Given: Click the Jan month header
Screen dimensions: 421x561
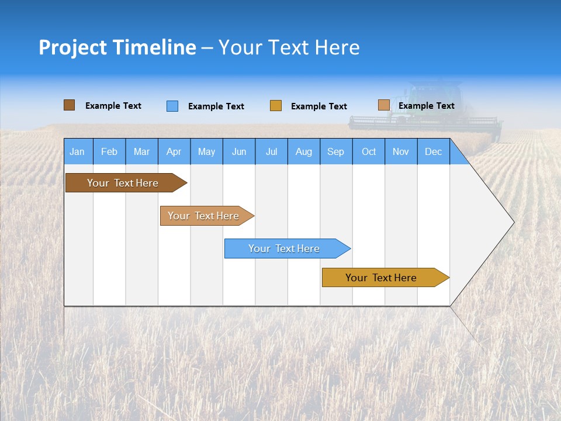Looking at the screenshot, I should click(x=77, y=152).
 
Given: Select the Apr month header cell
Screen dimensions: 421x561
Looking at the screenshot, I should click(x=174, y=152).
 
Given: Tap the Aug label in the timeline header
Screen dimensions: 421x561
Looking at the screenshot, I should click(x=303, y=152).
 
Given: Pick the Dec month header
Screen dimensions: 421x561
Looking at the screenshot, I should click(x=433, y=152).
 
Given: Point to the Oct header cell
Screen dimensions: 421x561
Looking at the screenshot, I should click(x=368, y=152).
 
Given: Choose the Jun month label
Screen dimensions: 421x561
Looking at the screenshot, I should click(x=238, y=152).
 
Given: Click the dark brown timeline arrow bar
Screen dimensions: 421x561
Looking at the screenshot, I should click(x=123, y=183).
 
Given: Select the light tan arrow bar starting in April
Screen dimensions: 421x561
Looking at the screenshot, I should click(x=203, y=216).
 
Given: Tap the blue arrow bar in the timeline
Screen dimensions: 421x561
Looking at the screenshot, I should click(x=284, y=249).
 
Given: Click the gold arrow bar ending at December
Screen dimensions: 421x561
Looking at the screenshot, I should click(x=381, y=278).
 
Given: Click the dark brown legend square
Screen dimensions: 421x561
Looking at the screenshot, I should click(x=69, y=105).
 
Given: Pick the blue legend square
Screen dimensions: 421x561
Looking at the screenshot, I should click(x=172, y=106).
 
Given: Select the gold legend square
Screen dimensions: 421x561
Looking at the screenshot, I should click(x=275, y=106).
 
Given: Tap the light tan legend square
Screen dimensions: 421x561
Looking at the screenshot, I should click(x=383, y=105).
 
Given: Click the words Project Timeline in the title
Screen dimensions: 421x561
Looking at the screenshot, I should click(x=117, y=47).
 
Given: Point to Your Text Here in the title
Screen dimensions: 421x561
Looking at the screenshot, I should click(x=289, y=47).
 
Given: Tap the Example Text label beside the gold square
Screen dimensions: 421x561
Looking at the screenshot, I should click(x=318, y=106).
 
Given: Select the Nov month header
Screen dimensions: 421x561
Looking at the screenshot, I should click(x=400, y=152).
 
